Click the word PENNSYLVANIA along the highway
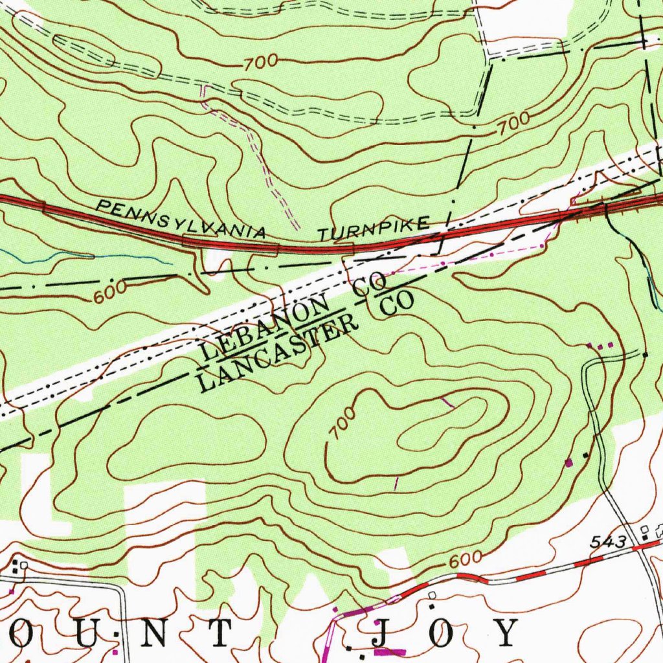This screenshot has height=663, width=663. [x=181, y=219]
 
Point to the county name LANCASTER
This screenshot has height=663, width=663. [x=278, y=355]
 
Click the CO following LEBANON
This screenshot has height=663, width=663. [x=371, y=286]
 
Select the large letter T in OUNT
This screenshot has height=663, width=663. [x=219, y=633]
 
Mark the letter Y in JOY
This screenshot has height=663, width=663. [x=504, y=633]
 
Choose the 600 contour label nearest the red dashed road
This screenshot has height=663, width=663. [x=464, y=560]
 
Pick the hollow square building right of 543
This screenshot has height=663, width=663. [x=645, y=530]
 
